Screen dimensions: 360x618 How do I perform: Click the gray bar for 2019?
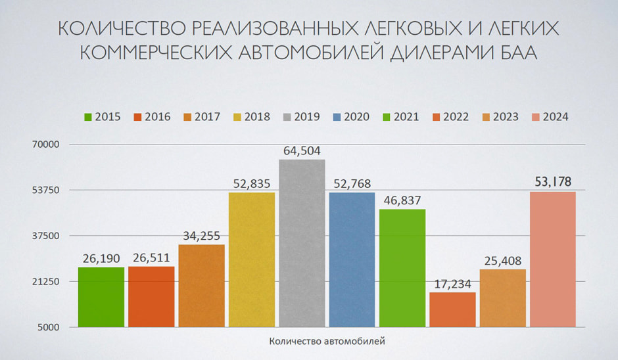pos(302,243)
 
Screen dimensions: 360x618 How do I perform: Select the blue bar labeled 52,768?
pos(352,259)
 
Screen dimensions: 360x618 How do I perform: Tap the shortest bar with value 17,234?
pos(452,309)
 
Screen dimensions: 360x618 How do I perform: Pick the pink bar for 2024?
pos(553,259)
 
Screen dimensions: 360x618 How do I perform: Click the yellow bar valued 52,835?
pos(252,259)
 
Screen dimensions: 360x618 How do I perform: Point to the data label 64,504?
pos(302,151)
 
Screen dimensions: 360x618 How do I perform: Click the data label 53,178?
pos(553,182)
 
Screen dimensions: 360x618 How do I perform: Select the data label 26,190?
pos(101,258)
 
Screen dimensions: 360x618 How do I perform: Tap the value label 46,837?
pos(402,200)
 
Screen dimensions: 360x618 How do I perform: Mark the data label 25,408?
pos(502,260)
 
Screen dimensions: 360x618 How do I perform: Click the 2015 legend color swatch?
pos(88,117)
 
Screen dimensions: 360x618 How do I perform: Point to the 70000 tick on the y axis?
pos(47,145)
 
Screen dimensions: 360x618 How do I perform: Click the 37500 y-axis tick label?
pos(47,236)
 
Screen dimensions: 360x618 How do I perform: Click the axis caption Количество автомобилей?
pos(327,342)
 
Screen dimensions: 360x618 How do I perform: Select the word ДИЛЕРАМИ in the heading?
pos(431,53)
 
